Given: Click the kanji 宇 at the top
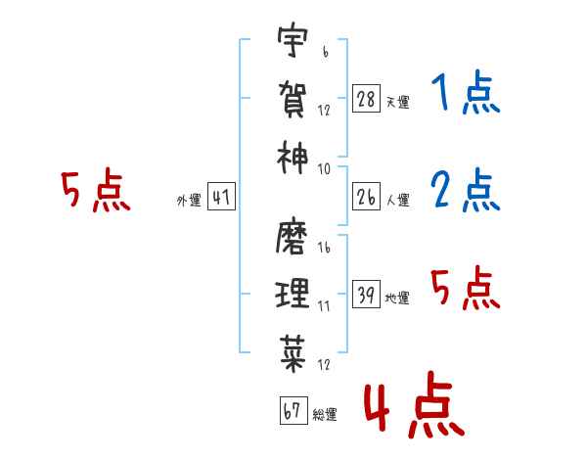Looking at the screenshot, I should pos(293,42).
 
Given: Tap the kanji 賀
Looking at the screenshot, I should pos(293,98).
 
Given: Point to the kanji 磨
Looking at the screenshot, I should pos(293,238).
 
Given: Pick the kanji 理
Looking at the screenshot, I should pos(293,293).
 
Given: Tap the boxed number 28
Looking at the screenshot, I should pos(367,100).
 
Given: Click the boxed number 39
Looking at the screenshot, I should pos(367,295).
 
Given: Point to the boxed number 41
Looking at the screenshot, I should pos(221,198).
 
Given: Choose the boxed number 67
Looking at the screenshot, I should pos(293,411).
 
